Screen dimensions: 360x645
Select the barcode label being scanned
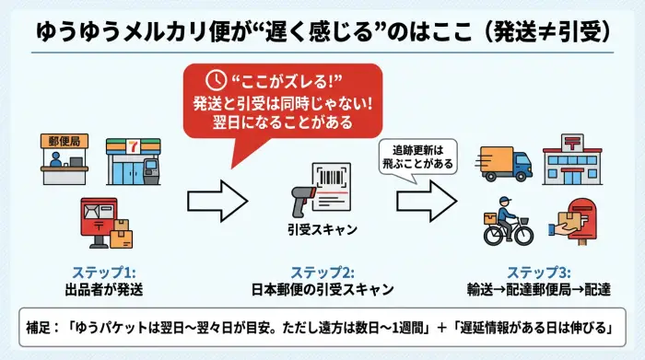click(334, 183)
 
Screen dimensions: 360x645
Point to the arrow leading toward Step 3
click(428, 195)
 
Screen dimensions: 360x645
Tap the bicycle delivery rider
click(508, 226)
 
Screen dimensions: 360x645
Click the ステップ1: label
click(103, 273)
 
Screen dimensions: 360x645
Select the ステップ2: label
click(322, 273)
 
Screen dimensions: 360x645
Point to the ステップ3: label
click(539, 273)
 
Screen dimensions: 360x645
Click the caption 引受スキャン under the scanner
click(322, 231)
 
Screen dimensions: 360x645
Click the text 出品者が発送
click(103, 290)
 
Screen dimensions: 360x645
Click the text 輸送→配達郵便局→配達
click(539, 290)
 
